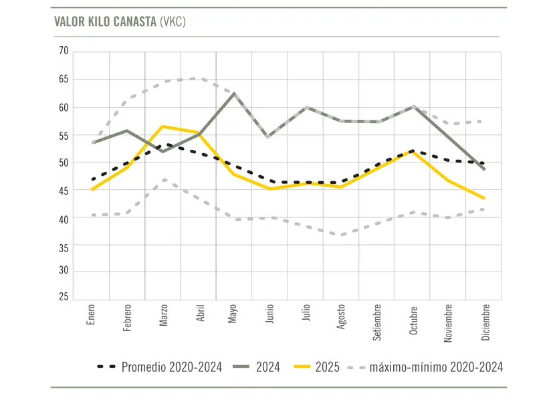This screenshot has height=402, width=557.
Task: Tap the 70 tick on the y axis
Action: [x=64, y=51]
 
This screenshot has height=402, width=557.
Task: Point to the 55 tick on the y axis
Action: [x=64, y=135]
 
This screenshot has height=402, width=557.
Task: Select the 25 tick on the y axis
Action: [x=64, y=296]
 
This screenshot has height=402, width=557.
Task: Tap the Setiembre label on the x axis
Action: [x=378, y=323]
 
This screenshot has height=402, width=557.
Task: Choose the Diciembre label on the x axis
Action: [x=486, y=323]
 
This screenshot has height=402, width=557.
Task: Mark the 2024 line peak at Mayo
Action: [x=233, y=93]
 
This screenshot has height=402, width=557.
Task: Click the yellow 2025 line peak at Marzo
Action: [x=162, y=126]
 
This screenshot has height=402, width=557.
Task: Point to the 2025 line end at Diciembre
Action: [x=484, y=198]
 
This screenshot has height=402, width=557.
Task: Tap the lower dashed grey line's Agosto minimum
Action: [x=342, y=235]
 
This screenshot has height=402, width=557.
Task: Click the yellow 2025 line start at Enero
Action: [x=92, y=189]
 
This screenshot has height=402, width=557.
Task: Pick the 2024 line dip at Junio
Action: [x=269, y=136]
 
